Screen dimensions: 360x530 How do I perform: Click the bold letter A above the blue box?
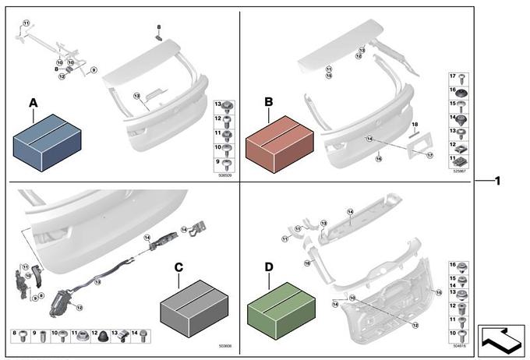(33, 103)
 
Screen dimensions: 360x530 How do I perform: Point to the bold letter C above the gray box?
(178, 267)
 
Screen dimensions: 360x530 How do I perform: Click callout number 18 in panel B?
(415, 125)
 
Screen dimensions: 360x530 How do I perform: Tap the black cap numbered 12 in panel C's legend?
(104, 337)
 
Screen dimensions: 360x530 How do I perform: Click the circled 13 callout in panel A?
(136, 97)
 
